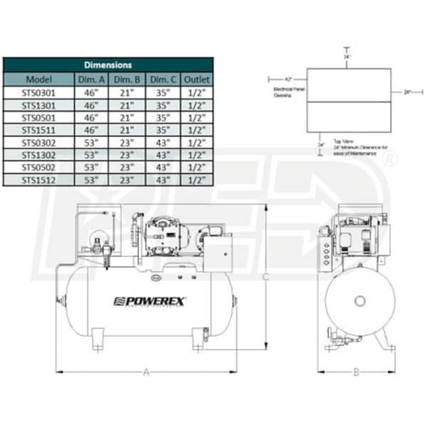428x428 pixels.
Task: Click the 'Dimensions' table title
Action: pos(108,65)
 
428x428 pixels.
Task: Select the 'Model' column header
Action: pos(38,79)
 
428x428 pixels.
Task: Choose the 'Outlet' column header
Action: pos(196,79)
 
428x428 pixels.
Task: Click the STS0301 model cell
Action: pos(38,92)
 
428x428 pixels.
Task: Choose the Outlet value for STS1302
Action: pos(196,155)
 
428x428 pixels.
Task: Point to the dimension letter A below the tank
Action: pos(146,371)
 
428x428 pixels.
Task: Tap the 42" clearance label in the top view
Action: pos(289,78)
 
